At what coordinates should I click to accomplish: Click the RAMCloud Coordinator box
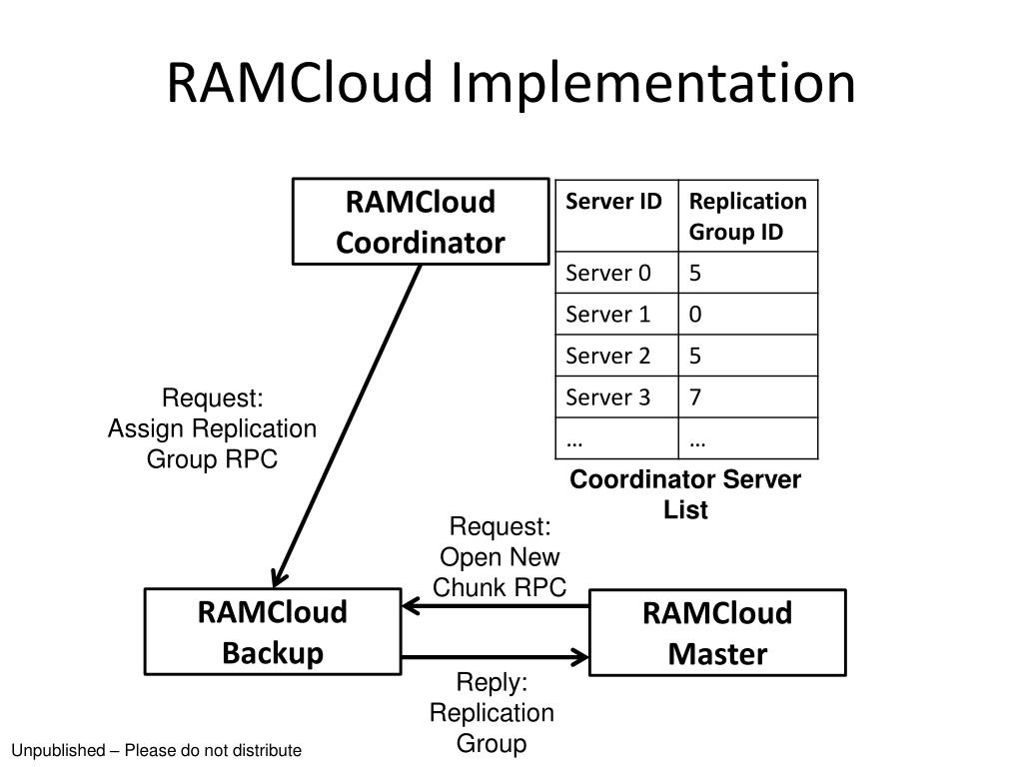[x=421, y=221]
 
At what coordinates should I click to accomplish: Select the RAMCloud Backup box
[x=273, y=631]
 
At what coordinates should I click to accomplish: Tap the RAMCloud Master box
[x=717, y=632]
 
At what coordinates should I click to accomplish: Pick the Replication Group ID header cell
[x=748, y=216]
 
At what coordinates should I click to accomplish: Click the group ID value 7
[x=695, y=397]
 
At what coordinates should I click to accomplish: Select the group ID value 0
[x=695, y=315]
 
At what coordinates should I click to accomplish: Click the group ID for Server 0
[x=695, y=273]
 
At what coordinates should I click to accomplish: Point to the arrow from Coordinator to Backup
[x=347, y=425]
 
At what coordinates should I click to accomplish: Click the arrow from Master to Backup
[x=496, y=606]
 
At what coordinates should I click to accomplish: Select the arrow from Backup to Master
[x=496, y=657]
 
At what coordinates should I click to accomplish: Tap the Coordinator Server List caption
[x=685, y=494]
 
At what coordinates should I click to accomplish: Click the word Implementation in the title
[x=653, y=84]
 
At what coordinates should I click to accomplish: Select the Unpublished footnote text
[x=157, y=750]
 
